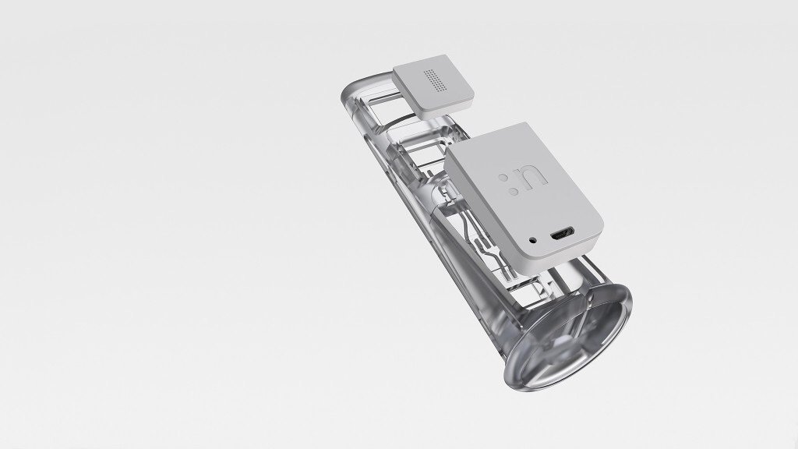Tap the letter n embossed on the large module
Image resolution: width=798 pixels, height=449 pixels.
[x=532, y=179]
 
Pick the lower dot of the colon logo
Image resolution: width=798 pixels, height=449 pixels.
[x=515, y=192]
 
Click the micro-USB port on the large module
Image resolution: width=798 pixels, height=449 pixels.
[x=562, y=235]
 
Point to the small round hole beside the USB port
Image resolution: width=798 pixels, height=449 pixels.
[x=533, y=239]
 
